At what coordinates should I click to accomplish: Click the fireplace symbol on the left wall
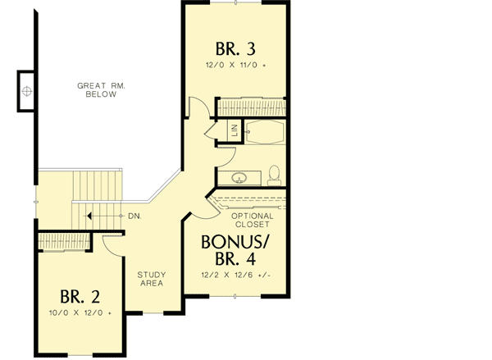click(26, 89)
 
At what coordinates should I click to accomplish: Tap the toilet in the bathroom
click(273, 174)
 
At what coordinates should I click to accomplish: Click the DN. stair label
click(135, 216)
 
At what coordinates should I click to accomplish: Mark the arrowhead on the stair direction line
click(88, 216)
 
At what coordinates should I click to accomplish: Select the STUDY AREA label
click(150, 279)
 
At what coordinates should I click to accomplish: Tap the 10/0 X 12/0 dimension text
click(80, 313)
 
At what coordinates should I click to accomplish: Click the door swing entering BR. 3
click(198, 107)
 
